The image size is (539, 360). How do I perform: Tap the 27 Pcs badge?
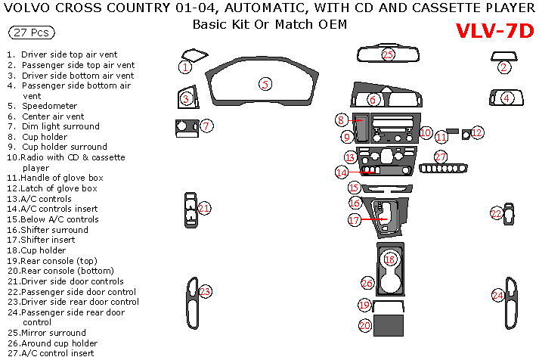[x=30, y=33]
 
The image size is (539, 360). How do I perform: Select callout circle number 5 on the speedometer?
[x=265, y=84]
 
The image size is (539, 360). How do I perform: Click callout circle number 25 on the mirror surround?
[x=388, y=54]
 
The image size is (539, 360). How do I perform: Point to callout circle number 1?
[x=184, y=67]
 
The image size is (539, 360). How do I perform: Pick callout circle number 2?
[x=503, y=67]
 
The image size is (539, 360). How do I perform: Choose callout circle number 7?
[x=206, y=126]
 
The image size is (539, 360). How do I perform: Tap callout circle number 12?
[x=478, y=132]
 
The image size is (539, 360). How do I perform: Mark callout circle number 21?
[x=204, y=208]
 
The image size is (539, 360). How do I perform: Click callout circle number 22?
[x=496, y=214]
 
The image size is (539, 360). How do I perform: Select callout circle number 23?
[x=205, y=291]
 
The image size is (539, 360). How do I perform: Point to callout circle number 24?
[x=497, y=295]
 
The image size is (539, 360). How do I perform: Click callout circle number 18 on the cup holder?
[x=390, y=259]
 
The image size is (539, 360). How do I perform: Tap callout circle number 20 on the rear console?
[x=364, y=326]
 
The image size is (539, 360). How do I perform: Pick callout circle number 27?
[x=440, y=157]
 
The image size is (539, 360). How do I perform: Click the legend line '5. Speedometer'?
[x=42, y=106]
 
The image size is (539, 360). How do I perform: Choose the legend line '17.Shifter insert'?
[x=47, y=240]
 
